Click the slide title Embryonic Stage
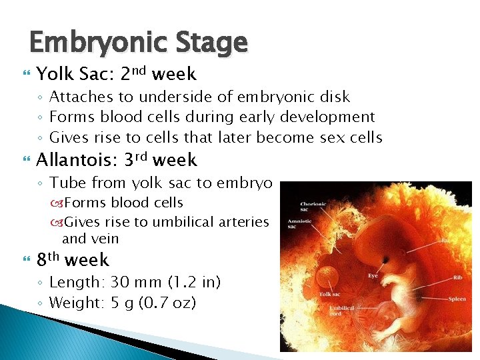point(138,43)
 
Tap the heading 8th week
point(73,259)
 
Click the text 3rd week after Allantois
point(161,160)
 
